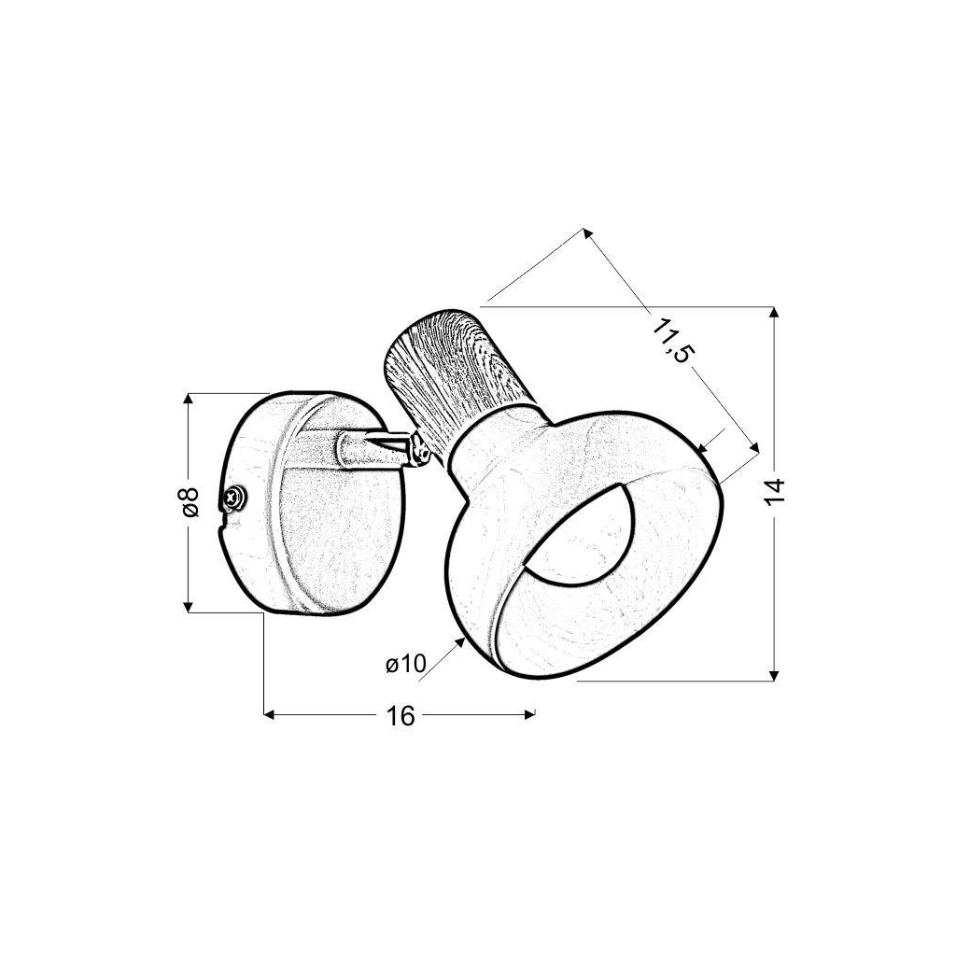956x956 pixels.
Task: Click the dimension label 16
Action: pyautogui.click(x=400, y=716)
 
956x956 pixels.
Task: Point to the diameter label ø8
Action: pyautogui.click(x=190, y=501)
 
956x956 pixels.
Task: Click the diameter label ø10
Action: pyautogui.click(x=406, y=664)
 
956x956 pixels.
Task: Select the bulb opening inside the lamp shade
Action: pyautogui.click(x=581, y=530)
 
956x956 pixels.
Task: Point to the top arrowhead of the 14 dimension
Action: pyautogui.click(x=774, y=312)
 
